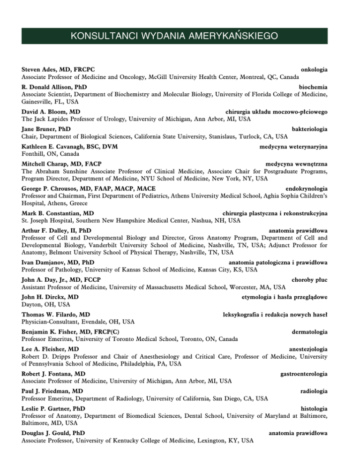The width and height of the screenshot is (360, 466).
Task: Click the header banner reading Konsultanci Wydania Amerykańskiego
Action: [180, 36]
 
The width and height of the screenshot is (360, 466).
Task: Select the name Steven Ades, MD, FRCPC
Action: [60, 69]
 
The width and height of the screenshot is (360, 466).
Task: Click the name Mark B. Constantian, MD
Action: [58, 213]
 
